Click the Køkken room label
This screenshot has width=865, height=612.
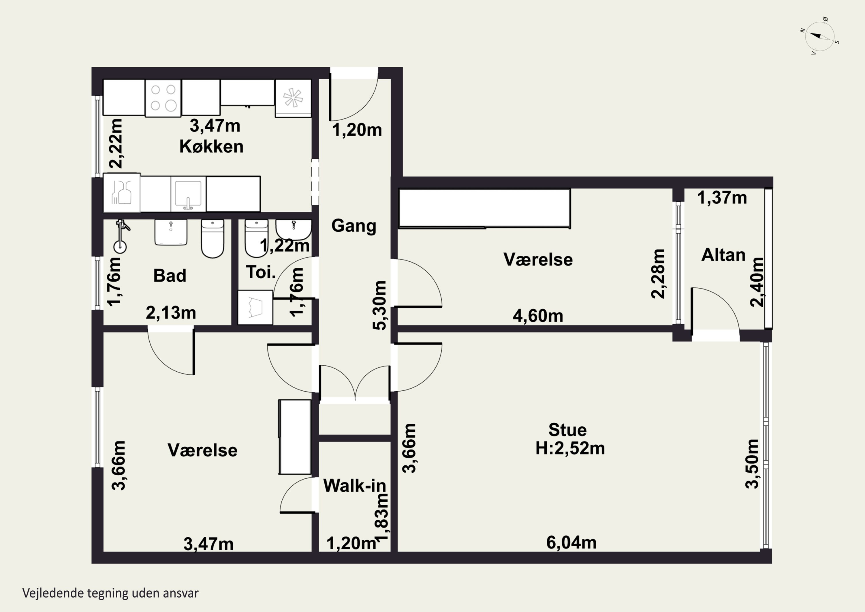[211, 146]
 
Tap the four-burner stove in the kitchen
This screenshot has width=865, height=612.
[163, 97]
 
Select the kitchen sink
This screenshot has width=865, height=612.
[188, 194]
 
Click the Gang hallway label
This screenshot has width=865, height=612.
[354, 226]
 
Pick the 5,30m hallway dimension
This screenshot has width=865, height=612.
[380, 306]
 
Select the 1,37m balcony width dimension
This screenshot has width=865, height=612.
[722, 198]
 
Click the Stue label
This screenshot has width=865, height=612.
[567, 430]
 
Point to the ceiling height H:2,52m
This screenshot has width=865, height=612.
[570, 448]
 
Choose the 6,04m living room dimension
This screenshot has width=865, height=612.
[571, 543]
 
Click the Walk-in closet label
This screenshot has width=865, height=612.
[355, 486]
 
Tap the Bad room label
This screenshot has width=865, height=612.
[170, 276]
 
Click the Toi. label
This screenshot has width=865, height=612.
[261, 272]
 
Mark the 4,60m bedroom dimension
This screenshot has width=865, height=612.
[538, 316]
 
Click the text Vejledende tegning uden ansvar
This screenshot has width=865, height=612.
[110, 593]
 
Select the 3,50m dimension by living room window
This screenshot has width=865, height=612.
[752, 464]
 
